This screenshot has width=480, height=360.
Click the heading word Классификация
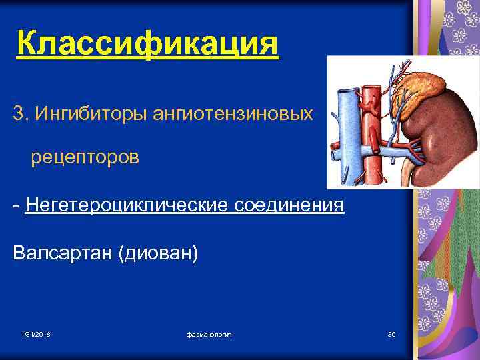point(147,45)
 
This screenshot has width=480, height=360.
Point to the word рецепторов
point(85,159)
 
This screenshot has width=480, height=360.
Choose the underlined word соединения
point(289,205)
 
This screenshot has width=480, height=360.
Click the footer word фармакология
point(209,333)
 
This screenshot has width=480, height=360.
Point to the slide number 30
point(391,333)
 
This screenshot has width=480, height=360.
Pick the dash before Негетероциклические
point(16,206)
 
